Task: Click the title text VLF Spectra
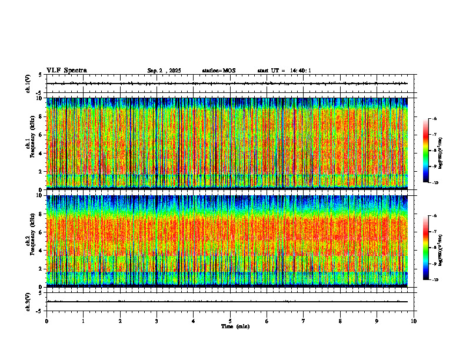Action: [x=66, y=71]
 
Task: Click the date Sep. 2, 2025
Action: [x=164, y=71]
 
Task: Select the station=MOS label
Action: [x=218, y=71]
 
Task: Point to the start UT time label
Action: [x=284, y=71]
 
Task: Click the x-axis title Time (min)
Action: [x=235, y=326]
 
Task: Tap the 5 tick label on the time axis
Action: [x=230, y=321]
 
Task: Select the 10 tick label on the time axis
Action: [x=414, y=321]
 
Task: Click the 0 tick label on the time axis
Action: [x=46, y=321]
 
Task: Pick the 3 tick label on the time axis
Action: [x=157, y=321]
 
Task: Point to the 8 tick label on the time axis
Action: [x=340, y=321]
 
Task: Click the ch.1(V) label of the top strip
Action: [x=28, y=84]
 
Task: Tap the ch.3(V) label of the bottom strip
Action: [x=28, y=301]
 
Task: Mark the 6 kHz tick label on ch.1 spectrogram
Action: [x=39, y=135]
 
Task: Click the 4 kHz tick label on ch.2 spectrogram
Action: [x=39, y=251]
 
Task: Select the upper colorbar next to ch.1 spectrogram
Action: [x=427, y=151]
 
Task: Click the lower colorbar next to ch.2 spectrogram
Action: [x=427, y=248]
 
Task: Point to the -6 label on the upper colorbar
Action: [x=434, y=119]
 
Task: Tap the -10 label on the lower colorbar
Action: [x=435, y=280]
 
